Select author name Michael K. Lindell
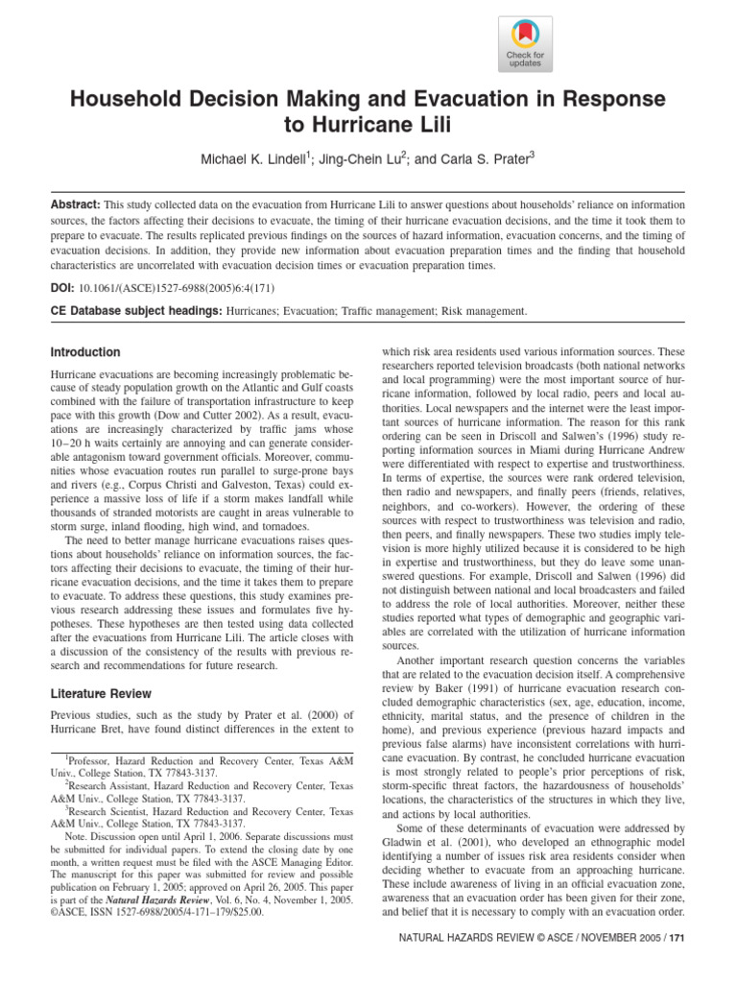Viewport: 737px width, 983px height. (252, 158)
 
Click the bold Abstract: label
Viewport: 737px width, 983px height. (75, 205)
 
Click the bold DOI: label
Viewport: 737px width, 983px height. (64, 287)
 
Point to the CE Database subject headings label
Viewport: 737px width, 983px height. (135, 311)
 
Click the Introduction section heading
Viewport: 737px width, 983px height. (85, 352)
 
